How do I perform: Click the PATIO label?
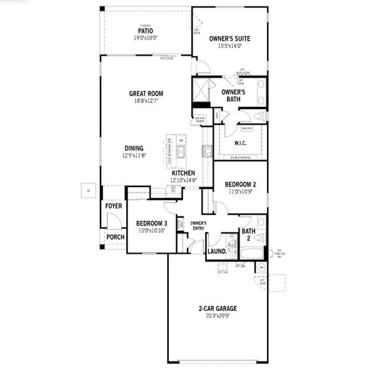pos(145,30)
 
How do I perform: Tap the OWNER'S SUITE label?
pos(229,39)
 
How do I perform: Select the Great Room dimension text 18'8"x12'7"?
pos(146,101)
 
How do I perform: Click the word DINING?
pos(133,149)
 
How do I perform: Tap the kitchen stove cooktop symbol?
pos(207,150)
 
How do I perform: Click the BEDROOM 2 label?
pos(241,184)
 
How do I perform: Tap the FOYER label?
pos(114,206)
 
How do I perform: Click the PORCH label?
pos(115,237)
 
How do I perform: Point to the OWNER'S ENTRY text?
pos(198,226)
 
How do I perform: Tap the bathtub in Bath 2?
pos(253,254)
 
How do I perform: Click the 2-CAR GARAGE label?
pos(218,308)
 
